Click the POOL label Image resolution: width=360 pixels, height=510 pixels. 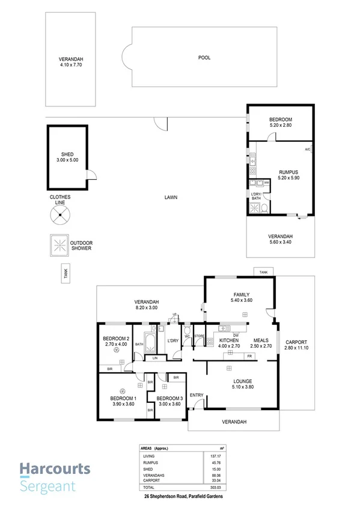pyautogui.click(x=204, y=58)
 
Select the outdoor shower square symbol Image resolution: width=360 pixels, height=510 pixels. pyautogui.click(x=59, y=245)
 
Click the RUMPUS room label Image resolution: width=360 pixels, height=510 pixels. pyautogui.click(x=288, y=171)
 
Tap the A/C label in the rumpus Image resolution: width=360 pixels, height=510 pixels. pyautogui.click(x=307, y=149)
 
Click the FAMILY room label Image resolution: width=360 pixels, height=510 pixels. pyautogui.click(x=241, y=295)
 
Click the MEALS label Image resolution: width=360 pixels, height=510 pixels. pyautogui.click(x=260, y=340)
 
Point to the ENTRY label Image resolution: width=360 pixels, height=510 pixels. pyautogui.click(x=196, y=395)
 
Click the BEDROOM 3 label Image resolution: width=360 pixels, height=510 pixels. pyautogui.click(x=169, y=398)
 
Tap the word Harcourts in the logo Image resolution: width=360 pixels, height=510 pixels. pyautogui.click(x=55, y=469)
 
